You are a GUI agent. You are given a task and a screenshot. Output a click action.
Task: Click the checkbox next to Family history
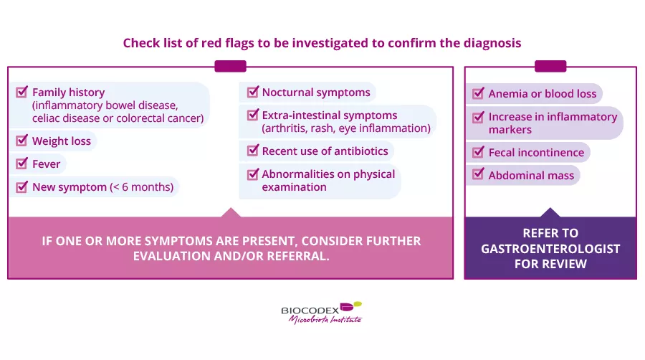point(21,92)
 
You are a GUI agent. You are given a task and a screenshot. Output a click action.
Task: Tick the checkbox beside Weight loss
point(21,141)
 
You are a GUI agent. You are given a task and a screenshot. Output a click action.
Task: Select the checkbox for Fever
point(21,164)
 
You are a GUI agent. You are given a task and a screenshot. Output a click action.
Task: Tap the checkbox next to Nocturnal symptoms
point(253,92)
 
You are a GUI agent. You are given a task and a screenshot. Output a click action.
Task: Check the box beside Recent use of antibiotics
point(253,151)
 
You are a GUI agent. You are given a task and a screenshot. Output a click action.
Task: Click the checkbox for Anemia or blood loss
point(478,93)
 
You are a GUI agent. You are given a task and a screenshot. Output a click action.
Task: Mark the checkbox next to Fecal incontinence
point(478,152)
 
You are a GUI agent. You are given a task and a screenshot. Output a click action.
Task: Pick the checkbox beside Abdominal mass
point(478,174)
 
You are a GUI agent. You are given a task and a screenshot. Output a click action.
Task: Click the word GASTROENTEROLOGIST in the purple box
point(550,249)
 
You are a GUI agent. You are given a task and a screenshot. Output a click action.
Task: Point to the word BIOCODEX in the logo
point(310,311)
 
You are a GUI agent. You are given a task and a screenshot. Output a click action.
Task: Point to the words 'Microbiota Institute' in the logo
point(325,320)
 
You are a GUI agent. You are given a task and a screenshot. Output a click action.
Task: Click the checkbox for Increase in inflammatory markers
point(478,118)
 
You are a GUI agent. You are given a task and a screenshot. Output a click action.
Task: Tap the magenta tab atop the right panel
point(550,66)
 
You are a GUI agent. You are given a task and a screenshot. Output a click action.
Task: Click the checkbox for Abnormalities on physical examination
point(253,174)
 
